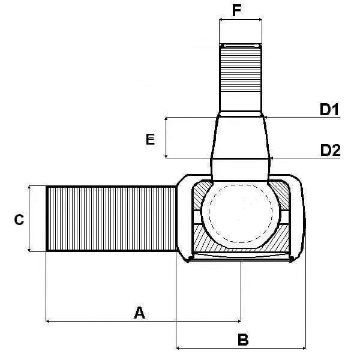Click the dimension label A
point(139,312)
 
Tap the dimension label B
point(243,340)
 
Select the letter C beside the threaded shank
point(19,220)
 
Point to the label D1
point(329,109)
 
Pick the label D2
point(330,150)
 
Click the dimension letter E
point(151,139)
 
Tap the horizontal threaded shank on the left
point(111,218)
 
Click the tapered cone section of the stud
point(240,137)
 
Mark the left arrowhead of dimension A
point(48,321)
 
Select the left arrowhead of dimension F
point(221,20)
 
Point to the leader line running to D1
point(300,117)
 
